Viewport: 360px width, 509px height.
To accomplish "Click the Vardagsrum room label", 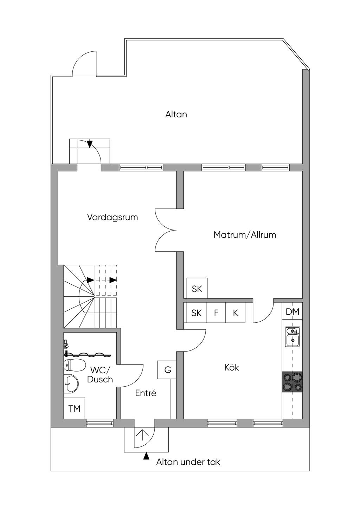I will (x=112, y=217).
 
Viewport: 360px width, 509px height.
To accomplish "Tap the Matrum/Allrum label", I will (x=245, y=234).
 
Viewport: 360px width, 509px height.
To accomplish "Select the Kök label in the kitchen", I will (x=232, y=368).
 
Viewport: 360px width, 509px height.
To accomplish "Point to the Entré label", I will (x=146, y=393).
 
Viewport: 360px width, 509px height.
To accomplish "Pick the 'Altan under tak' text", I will (x=188, y=462).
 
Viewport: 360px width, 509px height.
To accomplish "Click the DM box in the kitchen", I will (x=292, y=311).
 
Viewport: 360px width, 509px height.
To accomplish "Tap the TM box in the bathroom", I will (x=74, y=408).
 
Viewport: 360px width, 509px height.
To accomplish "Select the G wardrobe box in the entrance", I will (x=168, y=370).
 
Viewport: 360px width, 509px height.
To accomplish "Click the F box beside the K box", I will (x=216, y=313).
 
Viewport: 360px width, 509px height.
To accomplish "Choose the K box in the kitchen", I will (x=236, y=313).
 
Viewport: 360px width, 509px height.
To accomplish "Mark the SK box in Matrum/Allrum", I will (x=197, y=289).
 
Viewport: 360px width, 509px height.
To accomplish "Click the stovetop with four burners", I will (x=292, y=382).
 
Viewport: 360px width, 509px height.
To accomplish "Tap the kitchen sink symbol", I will (x=292, y=337).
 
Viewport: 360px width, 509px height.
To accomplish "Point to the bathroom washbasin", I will (x=72, y=384).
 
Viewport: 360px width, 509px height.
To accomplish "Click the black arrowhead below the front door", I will (x=146, y=456).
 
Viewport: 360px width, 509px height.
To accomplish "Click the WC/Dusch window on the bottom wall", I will (x=100, y=423).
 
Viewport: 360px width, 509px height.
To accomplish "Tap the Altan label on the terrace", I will (x=176, y=114).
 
